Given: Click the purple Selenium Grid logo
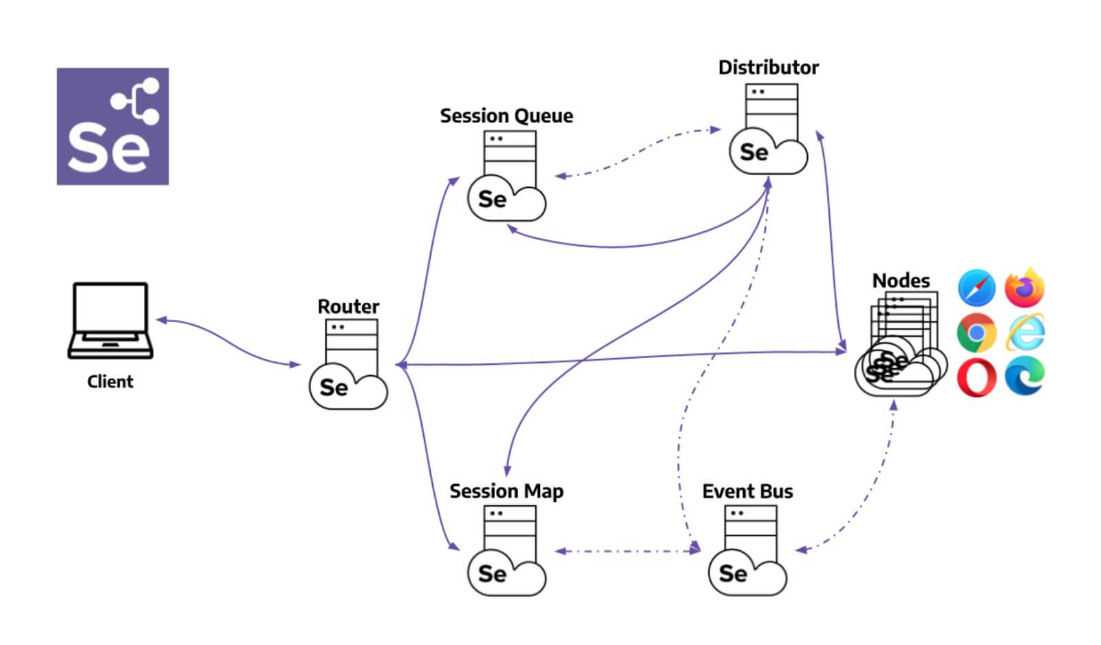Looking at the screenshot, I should coord(113,126).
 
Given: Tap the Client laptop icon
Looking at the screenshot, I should coord(110,320).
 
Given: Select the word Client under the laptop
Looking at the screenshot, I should coord(110,382).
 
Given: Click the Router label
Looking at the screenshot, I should coord(348,306).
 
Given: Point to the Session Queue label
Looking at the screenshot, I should coord(506,116).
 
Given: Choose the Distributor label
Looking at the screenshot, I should coord(768,67).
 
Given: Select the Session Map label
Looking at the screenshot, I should coord(506,491).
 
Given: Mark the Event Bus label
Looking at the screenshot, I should coord(747,491).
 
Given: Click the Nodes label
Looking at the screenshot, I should coord(901,281).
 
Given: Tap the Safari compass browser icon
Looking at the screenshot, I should coord(976,288).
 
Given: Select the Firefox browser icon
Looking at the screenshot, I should coord(1025,288).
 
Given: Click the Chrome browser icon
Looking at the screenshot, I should coord(976,333).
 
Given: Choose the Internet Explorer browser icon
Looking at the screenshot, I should coord(1025,332).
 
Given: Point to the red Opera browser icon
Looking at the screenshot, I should coord(976,377).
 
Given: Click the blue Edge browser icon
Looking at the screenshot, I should coord(1025,377).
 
